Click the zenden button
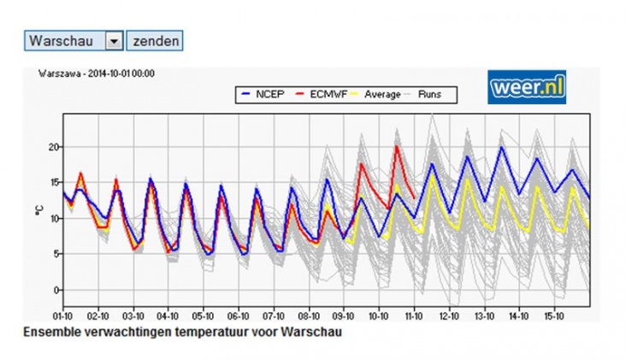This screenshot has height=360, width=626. click(x=154, y=40)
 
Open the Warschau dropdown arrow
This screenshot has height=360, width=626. click(x=113, y=40)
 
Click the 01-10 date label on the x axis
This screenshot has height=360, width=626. click(x=62, y=315)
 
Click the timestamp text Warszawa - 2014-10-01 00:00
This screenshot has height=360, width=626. click(x=96, y=74)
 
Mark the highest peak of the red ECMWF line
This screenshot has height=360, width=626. click(x=397, y=146)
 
